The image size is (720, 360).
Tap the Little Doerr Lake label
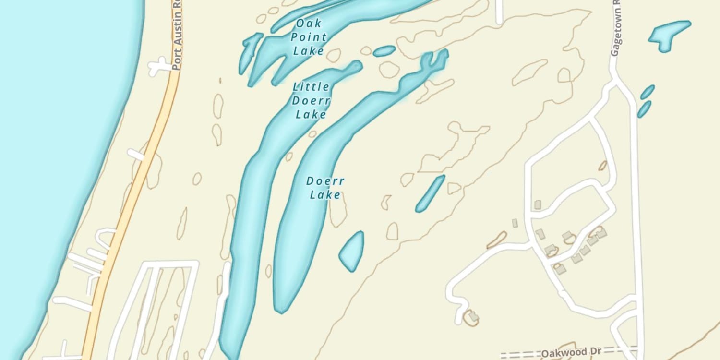(x=311, y=100)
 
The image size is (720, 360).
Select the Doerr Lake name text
(x=325, y=188)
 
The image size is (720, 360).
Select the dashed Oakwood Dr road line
(x=518, y=354)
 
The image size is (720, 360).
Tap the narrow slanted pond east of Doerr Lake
(x=430, y=193)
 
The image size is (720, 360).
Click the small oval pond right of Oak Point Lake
(x=384, y=50)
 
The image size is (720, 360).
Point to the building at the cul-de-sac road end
(x=472, y=316)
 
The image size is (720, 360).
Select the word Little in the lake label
(x=311, y=87)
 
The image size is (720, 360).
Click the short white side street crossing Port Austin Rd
(x=158, y=66)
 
